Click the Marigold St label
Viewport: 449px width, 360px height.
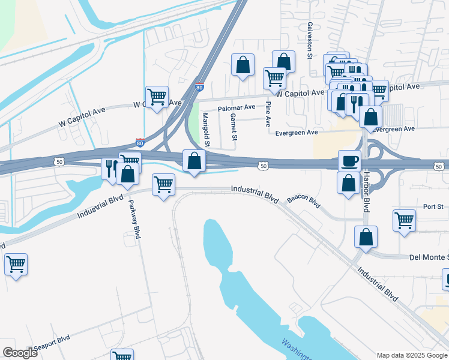(x=206, y=130)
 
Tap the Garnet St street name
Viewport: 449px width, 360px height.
(x=234, y=129)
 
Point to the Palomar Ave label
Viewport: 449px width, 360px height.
(x=237, y=107)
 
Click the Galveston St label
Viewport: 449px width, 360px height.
(x=310, y=41)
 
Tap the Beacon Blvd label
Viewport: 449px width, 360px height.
(x=304, y=200)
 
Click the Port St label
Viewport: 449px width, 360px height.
(x=432, y=206)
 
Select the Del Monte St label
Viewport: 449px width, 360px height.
(x=429, y=257)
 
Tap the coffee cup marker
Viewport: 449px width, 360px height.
(x=349, y=160)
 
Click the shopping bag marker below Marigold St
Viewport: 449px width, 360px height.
(x=194, y=161)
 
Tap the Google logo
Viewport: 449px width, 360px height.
(x=20, y=353)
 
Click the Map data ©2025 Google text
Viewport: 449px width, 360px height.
(x=411, y=355)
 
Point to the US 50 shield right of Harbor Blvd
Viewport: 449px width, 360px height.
(x=439, y=166)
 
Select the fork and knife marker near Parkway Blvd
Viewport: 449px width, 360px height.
(x=110, y=169)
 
